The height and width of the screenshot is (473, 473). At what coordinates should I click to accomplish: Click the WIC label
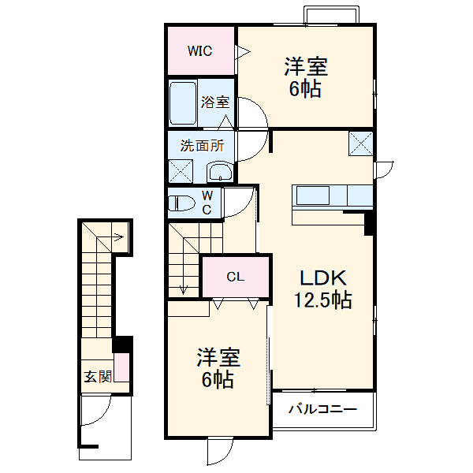click(x=200, y=51)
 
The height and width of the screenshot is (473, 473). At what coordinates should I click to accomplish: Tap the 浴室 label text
click(x=214, y=102)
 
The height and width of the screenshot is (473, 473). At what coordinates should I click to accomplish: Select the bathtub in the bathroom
click(x=182, y=103)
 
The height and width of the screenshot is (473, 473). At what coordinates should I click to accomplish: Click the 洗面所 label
click(x=202, y=145)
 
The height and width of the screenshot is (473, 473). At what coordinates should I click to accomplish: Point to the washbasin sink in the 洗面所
click(x=219, y=172)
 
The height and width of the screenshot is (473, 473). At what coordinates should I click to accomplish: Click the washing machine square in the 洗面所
click(x=181, y=170)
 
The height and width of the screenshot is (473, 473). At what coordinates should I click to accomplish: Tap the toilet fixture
click(x=181, y=203)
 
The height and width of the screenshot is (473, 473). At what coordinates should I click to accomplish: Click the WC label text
click(x=207, y=203)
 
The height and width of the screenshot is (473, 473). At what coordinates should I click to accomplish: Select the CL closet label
click(x=236, y=277)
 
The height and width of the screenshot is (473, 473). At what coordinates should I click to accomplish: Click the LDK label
click(x=322, y=278)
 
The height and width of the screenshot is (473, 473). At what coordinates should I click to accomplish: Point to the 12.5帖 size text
click(x=322, y=300)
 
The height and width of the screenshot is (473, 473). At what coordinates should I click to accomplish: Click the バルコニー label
click(x=322, y=409)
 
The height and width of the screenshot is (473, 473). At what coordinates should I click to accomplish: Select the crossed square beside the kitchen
click(x=361, y=143)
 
